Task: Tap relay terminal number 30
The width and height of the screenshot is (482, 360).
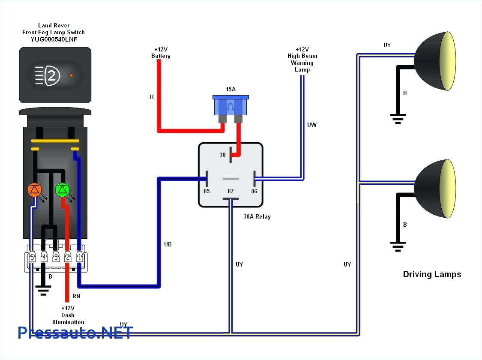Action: pyautogui.click(x=223, y=155)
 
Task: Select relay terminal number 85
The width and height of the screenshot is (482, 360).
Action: pyautogui.click(x=207, y=191)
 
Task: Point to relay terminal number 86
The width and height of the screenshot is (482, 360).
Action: pyautogui.click(x=254, y=191)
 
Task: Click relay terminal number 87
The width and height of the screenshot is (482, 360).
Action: pyautogui.click(x=231, y=191)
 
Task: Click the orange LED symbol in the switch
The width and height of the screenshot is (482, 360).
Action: pyautogui.click(x=34, y=189)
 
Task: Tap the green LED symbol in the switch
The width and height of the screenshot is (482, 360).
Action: pyautogui.click(x=63, y=189)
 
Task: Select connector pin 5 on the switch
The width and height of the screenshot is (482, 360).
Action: pyautogui.click(x=32, y=257)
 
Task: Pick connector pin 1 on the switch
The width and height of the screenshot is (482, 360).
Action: pyautogui.click(x=79, y=257)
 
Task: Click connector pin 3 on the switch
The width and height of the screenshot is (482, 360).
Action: pyautogui.click(x=56, y=257)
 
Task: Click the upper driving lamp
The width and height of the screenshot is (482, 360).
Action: pyautogui.click(x=435, y=61)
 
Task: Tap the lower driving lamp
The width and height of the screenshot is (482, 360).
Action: pyautogui.click(x=435, y=189)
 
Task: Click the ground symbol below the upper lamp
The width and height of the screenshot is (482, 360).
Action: pyautogui.click(x=398, y=117)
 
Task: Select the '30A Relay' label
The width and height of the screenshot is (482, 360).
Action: pyautogui.click(x=257, y=217)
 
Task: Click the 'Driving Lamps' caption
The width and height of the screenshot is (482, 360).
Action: pyautogui.click(x=432, y=274)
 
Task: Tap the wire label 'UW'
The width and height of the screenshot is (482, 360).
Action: pyautogui.click(x=312, y=125)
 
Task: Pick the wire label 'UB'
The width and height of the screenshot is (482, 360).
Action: pyautogui.click(x=168, y=244)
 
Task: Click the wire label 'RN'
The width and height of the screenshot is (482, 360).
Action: pyautogui.click(x=76, y=296)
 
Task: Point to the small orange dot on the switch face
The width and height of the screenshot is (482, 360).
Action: pyautogui.click(x=71, y=75)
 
